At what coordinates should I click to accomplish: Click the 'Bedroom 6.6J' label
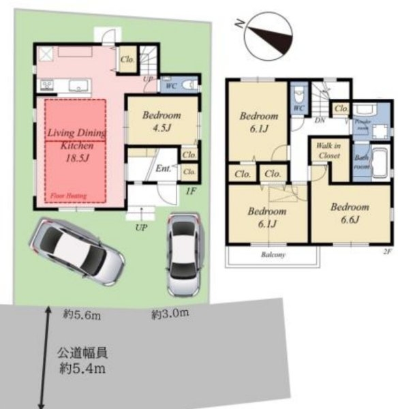point(350,212)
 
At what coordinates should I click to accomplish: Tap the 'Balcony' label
point(272,255)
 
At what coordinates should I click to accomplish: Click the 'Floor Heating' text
point(65,196)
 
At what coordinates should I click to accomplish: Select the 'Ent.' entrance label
point(164,168)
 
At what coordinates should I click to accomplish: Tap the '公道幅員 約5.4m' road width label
point(82,361)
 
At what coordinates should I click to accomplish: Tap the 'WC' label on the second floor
point(298,108)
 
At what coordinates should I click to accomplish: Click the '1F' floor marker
point(192,191)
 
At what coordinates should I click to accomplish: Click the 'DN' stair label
point(319,119)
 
